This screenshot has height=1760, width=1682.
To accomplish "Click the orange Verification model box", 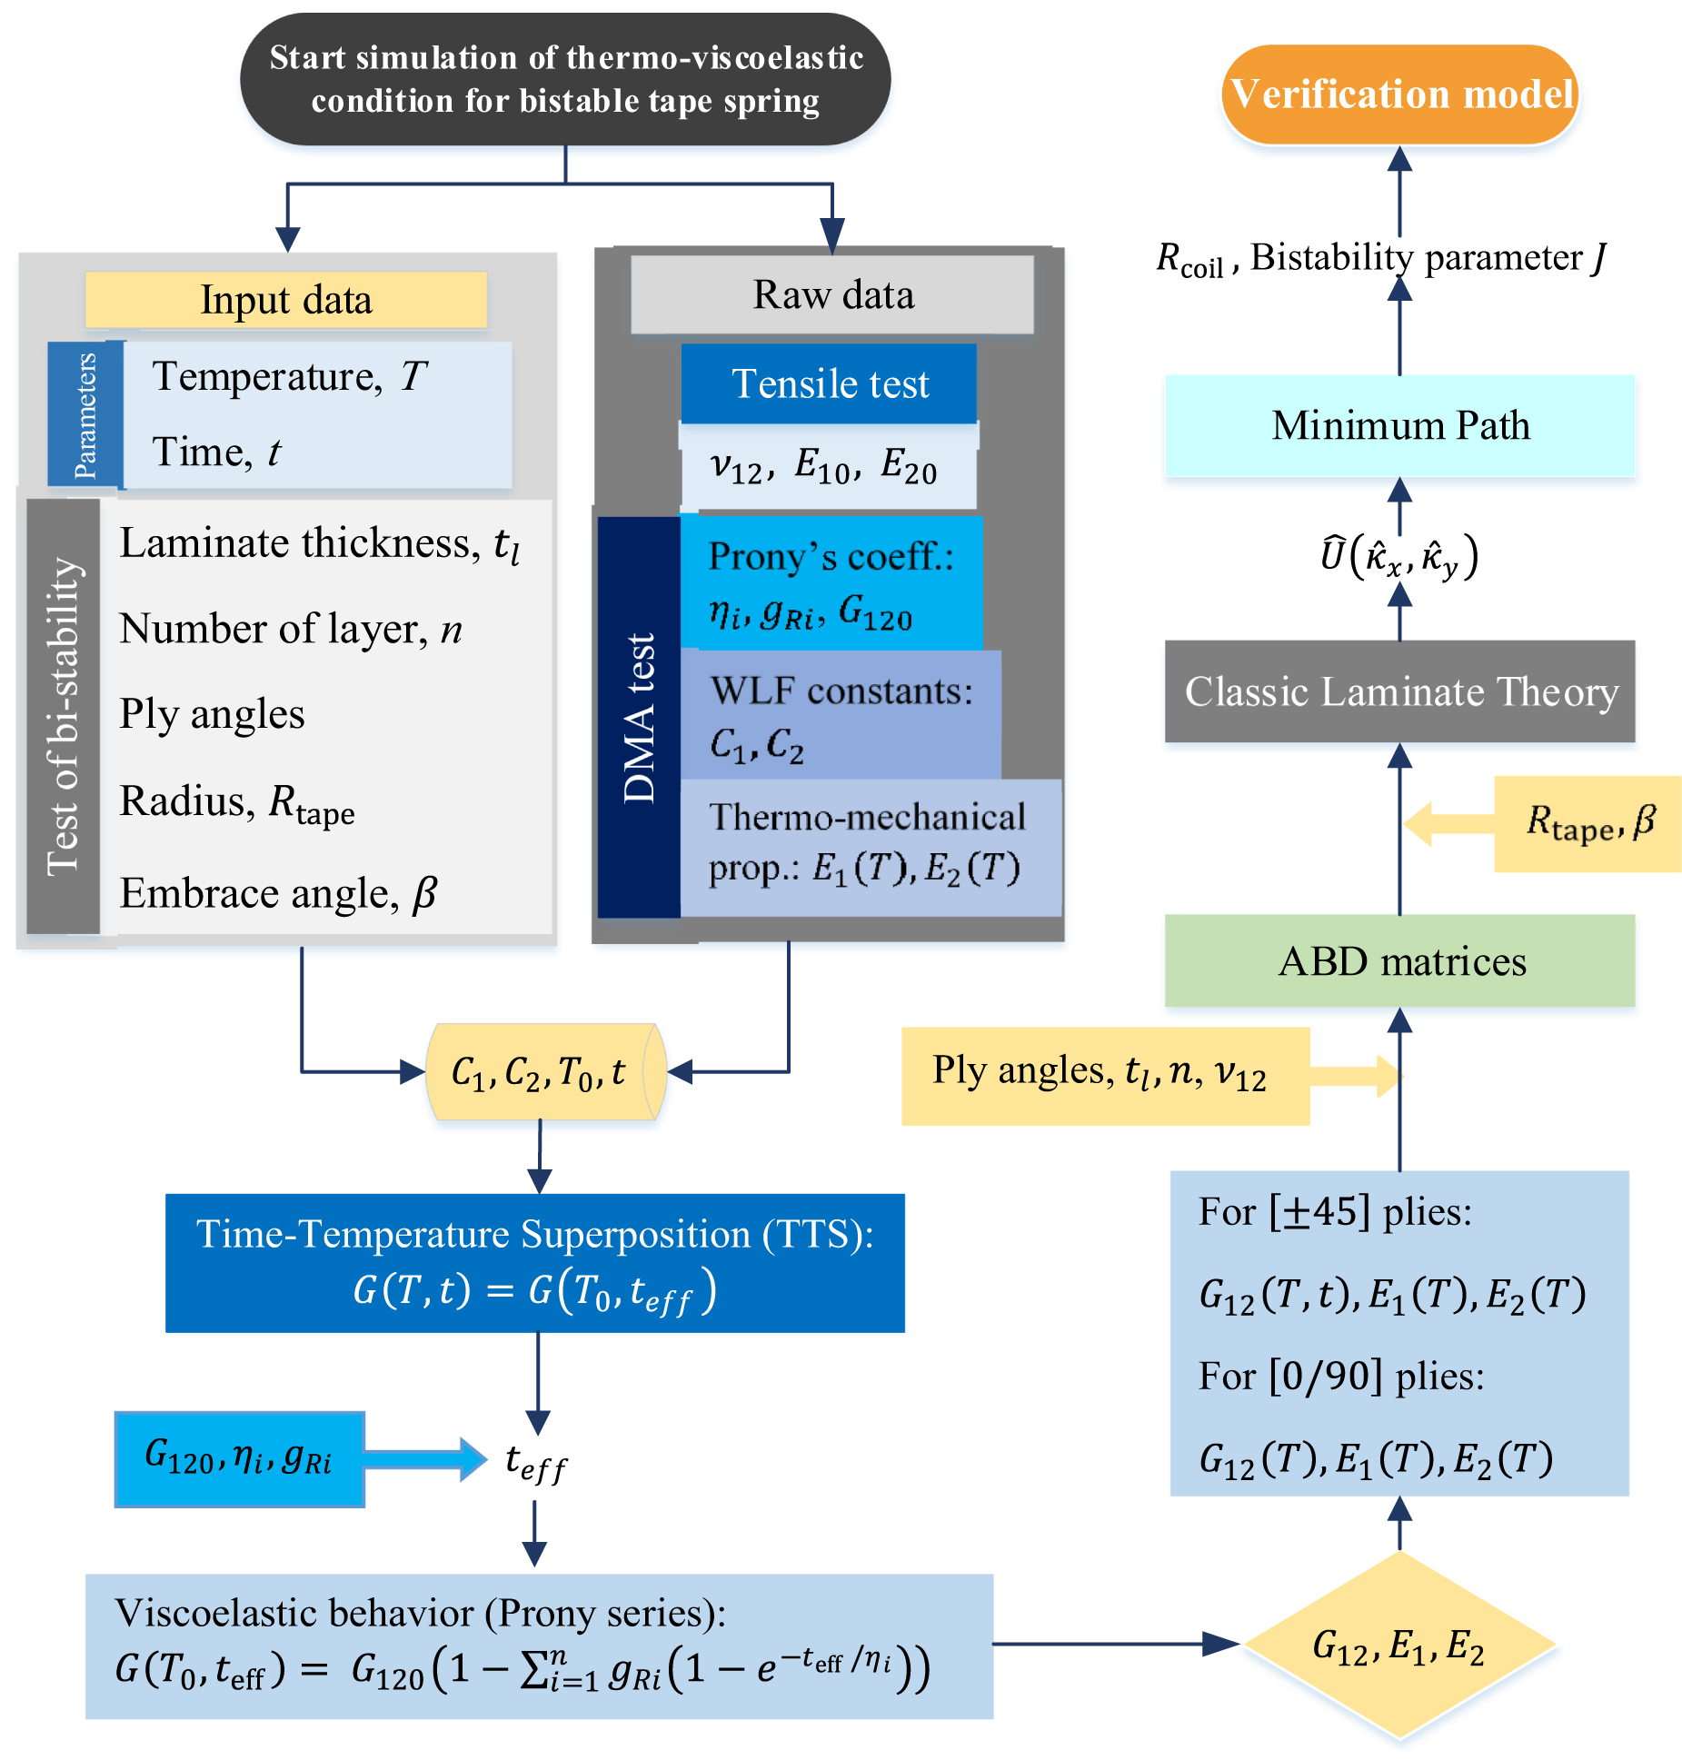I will point(1399,94).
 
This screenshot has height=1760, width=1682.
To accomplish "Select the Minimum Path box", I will point(1399,425).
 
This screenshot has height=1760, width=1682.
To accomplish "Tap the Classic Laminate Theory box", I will point(1399,691).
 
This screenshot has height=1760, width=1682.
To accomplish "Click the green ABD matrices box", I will point(1399,960).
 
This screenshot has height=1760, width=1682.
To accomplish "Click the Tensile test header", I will point(829,383).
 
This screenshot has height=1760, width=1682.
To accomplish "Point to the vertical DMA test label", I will point(639,717).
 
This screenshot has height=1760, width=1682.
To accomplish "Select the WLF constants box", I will point(841,715).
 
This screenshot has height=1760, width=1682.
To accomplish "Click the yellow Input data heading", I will point(286,300).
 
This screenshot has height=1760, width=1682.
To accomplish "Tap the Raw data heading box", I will point(832,294).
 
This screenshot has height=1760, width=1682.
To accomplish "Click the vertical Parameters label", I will point(85,415).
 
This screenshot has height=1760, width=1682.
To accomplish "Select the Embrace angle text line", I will point(278,893).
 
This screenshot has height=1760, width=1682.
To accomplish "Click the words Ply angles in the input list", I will point(212,714).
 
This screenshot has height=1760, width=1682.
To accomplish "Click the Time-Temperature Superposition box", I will point(534,1263).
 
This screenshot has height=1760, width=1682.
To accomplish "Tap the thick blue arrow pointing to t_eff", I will point(425,1459).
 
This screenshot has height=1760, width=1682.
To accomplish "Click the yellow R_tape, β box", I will point(1587,823).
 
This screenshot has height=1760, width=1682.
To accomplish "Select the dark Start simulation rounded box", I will point(565,80).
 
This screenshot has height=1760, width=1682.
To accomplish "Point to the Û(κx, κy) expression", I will point(1399,556).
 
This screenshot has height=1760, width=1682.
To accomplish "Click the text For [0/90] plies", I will point(1340,1377).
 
